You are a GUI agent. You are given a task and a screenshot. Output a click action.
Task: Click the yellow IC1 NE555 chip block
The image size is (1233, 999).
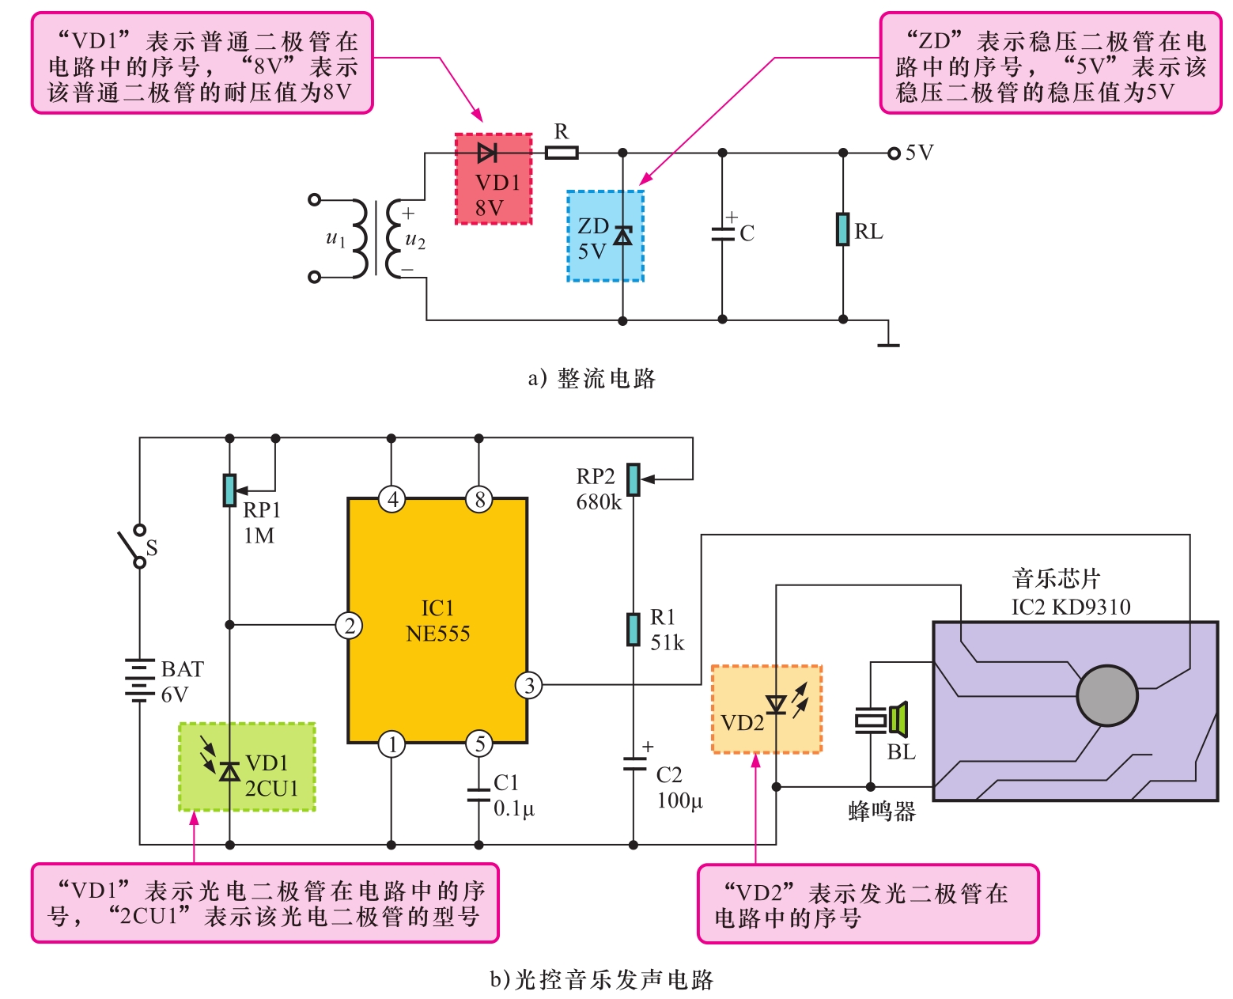437,621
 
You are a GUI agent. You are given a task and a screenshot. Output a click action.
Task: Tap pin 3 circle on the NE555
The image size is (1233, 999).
529,685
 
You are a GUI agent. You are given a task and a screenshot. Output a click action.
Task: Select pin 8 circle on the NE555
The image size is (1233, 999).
478,499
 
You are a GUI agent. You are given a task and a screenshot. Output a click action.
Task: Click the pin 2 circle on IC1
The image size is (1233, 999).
349,626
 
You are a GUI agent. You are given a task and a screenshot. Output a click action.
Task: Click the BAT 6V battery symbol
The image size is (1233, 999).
139,680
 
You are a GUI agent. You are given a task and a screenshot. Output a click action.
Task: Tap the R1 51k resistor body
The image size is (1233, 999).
633,630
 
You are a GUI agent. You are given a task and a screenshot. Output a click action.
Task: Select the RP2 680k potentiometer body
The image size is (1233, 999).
633,479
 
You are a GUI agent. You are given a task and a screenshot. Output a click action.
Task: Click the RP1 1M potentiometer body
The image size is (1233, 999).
229,490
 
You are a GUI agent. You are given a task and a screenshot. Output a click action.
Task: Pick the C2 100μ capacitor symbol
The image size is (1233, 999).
634,764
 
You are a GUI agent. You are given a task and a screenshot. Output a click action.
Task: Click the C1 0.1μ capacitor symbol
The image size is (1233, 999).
478,794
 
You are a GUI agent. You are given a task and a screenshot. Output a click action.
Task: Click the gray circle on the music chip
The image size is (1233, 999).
1106,696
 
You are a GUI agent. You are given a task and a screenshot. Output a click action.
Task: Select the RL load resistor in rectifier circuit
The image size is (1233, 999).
843,229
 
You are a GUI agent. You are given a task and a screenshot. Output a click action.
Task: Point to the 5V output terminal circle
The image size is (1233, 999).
894,153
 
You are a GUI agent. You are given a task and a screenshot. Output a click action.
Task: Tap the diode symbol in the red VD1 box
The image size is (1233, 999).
488,153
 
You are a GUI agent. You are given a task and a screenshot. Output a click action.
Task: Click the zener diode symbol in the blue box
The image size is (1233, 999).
623,236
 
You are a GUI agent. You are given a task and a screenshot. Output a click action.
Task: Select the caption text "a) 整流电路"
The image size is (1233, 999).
592,379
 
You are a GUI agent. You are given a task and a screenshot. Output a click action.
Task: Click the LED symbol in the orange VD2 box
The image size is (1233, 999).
777,704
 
